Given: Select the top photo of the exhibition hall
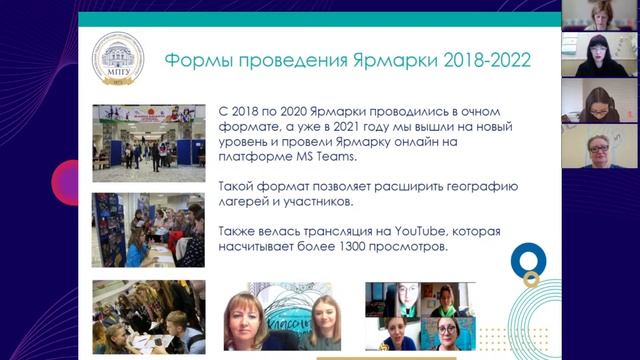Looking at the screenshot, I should [149, 143].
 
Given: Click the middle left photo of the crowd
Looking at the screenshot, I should [149, 229].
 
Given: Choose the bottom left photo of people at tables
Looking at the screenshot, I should [149, 317].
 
